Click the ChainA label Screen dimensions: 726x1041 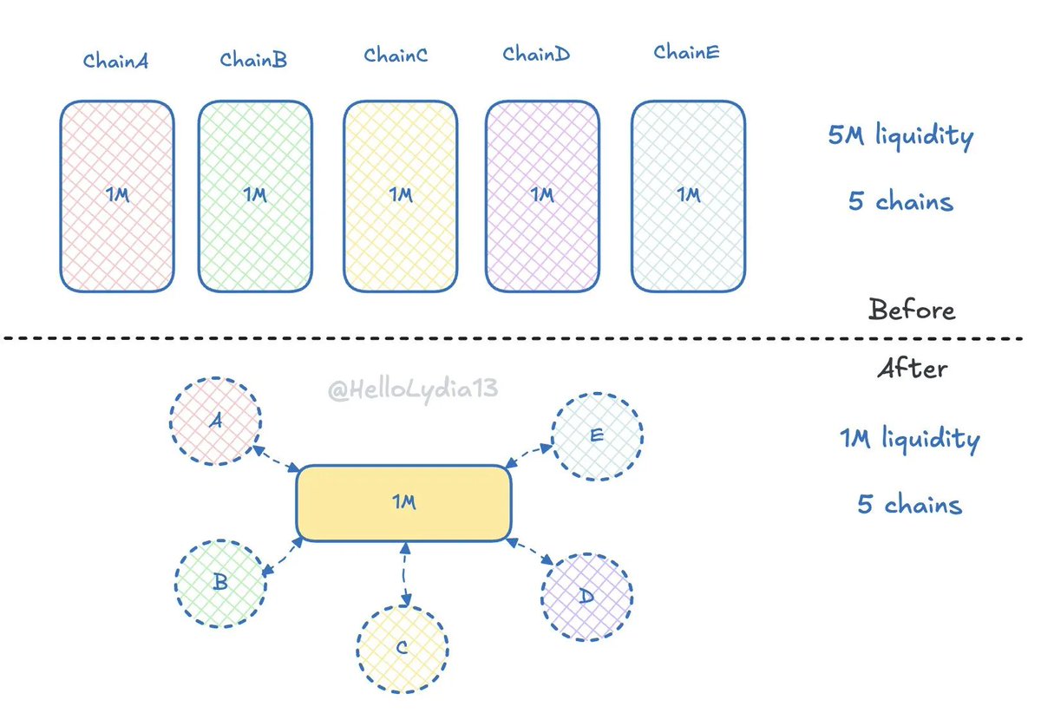click(x=115, y=61)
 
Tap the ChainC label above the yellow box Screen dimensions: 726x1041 click(x=396, y=56)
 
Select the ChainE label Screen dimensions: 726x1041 click(x=686, y=53)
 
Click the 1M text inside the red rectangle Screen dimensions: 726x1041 click(x=117, y=195)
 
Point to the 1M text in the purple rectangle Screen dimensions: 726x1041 click(x=541, y=195)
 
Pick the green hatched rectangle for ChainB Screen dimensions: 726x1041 click(x=255, y=195)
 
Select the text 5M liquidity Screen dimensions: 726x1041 click(x=900, y=136)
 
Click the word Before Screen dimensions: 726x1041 click(x=911, y=310)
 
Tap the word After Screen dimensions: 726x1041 click(x=912, y=369)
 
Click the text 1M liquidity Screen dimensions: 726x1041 click(x=909, y=439)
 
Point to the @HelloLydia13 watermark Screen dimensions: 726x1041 click(x=413, y=389)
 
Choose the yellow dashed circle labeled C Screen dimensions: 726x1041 click(x=402, y=648)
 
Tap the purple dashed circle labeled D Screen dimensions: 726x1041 click(x=587, y=596)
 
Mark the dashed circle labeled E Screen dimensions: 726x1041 click(x=597, y=436)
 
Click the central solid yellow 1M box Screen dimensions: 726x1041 click(x=403, y=504)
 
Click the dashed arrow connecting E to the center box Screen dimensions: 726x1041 click(x=530, y=455)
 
